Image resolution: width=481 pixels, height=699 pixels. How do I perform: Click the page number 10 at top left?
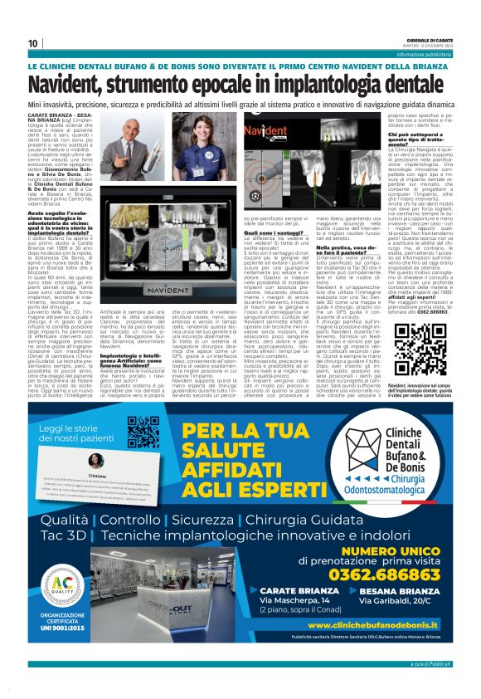(x=33, y=43)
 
